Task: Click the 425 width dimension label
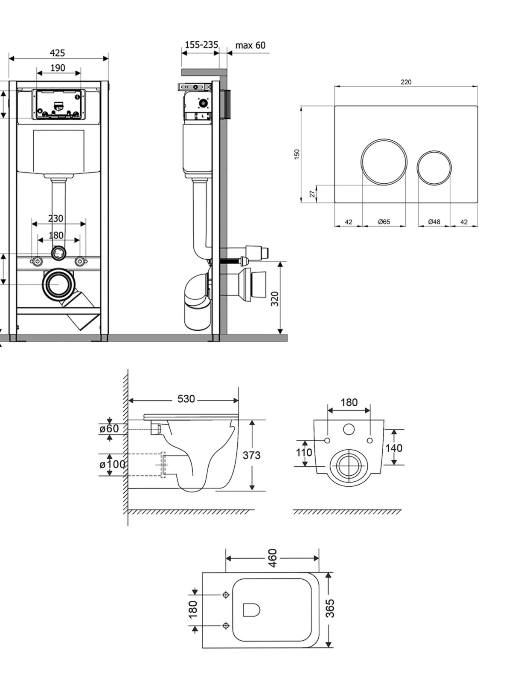click(x=58, y=53)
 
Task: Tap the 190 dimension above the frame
click(x=58, y=68)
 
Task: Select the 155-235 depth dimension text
click(x=201, y=45)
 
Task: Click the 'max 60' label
click(x=250, y=45)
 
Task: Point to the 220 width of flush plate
click(x=406, y=82)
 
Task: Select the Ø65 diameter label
click(x=384, y=222)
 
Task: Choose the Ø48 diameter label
click(x=434, y=222)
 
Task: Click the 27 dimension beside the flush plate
click(x=313, y=194)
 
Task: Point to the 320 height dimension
click(x=275, y=299)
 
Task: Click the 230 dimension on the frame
click(x=55, y=218)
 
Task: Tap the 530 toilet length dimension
click(x=186, y=399)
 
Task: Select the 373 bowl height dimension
click(x=251, y=456)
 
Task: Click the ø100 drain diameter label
click(x=112, y=465)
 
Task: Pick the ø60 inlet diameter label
click(x=109, y=429)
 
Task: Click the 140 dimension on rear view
click(x=394, y=448)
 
